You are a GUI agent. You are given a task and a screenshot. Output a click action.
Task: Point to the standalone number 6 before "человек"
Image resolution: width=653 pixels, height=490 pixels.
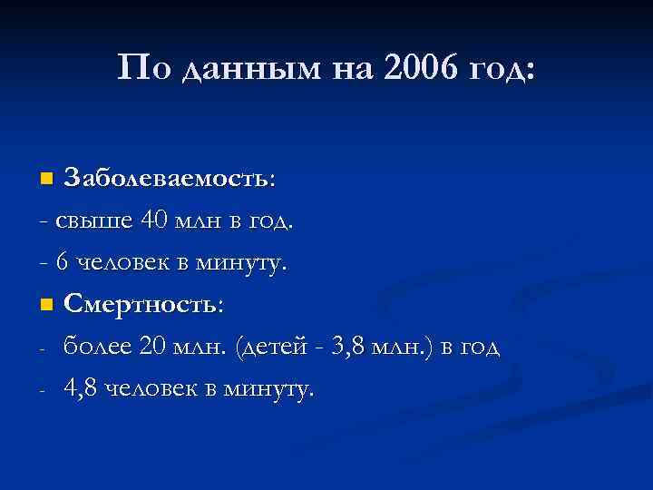point(62,263)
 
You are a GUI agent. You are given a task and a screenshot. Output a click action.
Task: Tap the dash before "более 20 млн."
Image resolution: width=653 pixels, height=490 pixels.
point(44,349)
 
